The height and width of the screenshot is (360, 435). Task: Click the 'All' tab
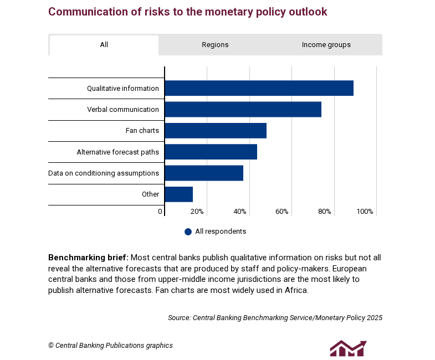[x=104, y=45]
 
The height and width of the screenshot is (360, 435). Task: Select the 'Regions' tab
[x=215, y=45]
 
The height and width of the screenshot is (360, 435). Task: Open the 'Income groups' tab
[x=326, y=45]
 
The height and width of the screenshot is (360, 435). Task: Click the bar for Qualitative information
[x=259, y=88]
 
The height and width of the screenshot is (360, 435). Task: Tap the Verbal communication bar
[x=243, y=109]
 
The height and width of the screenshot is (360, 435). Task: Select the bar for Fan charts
[x=216, y=131]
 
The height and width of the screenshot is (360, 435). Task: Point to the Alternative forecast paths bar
[x=211, y=152]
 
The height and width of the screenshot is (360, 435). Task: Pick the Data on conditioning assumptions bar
[x=204, y=173]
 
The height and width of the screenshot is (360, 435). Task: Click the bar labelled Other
[x=178, y=194]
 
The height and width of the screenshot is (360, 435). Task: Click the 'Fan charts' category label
[x=142, y=131]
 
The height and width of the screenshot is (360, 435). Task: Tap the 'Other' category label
[x=150, y=194]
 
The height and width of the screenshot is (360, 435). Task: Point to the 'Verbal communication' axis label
[x=122, y=110]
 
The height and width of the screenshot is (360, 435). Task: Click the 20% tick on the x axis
[x=197, y=212]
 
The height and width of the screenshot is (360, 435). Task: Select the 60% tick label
[x=282, y=212]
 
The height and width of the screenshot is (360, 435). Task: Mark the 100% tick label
[x=365, y=212]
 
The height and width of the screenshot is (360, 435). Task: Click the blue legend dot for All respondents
[x=188, y=232]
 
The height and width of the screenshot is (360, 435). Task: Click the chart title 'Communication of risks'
[x=187, y=12]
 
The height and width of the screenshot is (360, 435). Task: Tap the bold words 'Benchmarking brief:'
[x=88, y=258]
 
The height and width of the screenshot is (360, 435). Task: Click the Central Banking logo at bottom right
[x=348, y=348]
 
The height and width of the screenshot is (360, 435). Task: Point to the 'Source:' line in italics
[x=275, y=318]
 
